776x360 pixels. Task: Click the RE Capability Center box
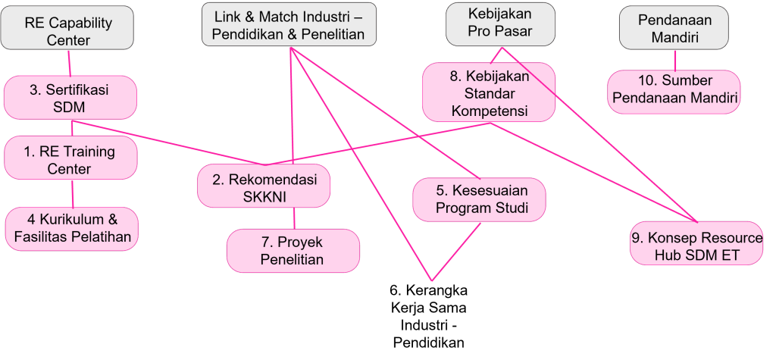pyautogui.click(x=67, y=31)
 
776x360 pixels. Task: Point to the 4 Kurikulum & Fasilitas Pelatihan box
pyautogui.click(x=72, y=228)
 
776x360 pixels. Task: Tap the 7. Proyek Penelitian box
pyautogui.click(x=292, y=251)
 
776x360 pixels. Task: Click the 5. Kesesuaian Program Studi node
pyautogui.click(x=480, y=199)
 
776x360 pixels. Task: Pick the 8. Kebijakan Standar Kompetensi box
pyautogui.click(x=488, y=94)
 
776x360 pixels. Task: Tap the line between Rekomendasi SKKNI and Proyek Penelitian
pyautogui.click(x=294, y=218)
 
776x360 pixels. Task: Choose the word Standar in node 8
pyautogui.click(x=489, y=94)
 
